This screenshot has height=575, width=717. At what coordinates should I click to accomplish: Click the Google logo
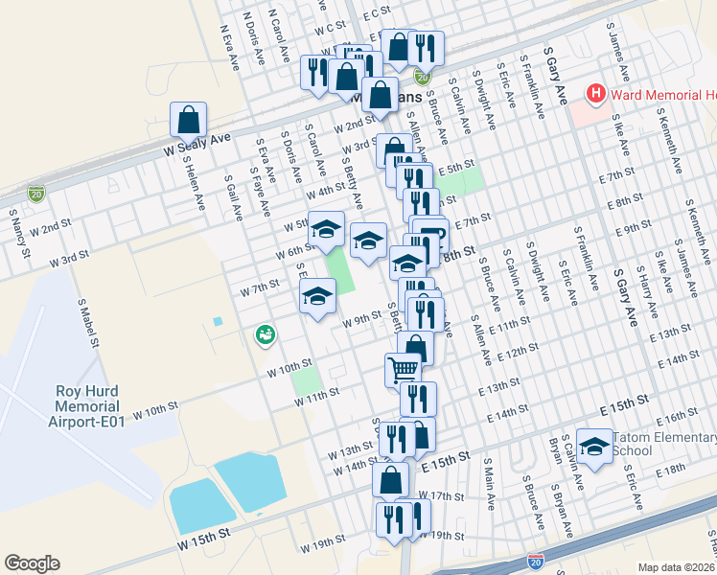(x=32, y=563)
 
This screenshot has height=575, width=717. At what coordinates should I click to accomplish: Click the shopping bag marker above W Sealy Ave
(x=189, y=121)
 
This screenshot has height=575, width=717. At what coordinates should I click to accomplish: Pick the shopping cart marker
(x=403, y=369)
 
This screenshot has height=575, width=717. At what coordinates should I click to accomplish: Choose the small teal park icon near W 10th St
(x=265, y=334)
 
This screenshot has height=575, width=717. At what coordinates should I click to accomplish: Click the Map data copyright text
(x=676, y=566)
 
